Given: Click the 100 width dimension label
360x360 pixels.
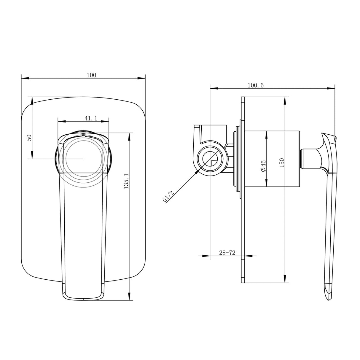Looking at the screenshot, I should click(x=91, y=75).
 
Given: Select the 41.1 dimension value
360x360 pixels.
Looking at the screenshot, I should click(x=91, y=118).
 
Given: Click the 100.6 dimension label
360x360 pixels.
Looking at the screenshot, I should click(x=255, y=85).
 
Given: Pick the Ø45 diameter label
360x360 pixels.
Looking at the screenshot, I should click(x=263, y=165).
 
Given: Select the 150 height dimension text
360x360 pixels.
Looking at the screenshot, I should click(x=282, y=163).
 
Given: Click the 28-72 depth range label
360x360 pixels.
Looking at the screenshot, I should click(x=227, y=253).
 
